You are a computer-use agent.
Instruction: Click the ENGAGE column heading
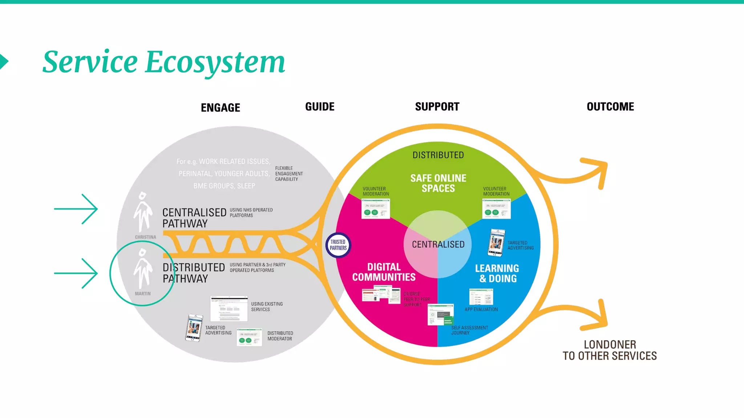(221, 107)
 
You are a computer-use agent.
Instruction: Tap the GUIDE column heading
(320, 107)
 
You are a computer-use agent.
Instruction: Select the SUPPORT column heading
(437, 107)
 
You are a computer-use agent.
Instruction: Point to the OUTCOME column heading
(610, 107)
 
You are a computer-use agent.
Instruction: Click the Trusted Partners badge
(338, 245)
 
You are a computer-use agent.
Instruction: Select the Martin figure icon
(143, 269)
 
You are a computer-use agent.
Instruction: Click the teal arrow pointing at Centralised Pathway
(76, 209)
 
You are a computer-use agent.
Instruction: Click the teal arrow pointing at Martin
(76, 274)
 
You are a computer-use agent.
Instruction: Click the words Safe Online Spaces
(438, 183)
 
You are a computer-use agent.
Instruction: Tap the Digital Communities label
(384, 272)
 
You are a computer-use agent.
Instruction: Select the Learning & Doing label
(497, 273)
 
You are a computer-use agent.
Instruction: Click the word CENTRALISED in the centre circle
(438, 245)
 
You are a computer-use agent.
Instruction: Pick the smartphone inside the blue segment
(496, 243)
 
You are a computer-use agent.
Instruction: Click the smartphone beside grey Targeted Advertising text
(194, 328)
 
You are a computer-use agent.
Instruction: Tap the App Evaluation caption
(481, 310)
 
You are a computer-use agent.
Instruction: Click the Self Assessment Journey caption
(469, 330)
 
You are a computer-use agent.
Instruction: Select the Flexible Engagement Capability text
(289, 174)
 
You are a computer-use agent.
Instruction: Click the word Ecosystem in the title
(215, 62)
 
